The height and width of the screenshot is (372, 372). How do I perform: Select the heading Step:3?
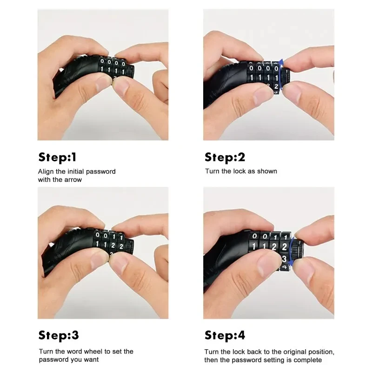59,335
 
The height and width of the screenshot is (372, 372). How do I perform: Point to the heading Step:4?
225,335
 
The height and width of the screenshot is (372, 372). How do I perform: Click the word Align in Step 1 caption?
46,172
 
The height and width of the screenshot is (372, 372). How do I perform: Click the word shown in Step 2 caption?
267,171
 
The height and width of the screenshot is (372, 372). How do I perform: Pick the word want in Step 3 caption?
91,359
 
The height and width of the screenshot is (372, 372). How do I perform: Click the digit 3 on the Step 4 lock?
285,259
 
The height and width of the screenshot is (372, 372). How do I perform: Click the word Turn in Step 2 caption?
212,171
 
